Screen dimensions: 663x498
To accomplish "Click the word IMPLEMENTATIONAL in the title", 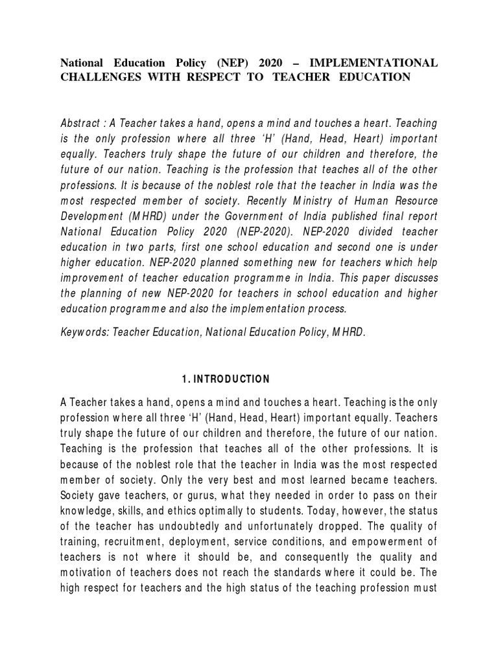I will (374, 63).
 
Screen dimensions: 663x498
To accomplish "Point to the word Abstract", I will (80, 122).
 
